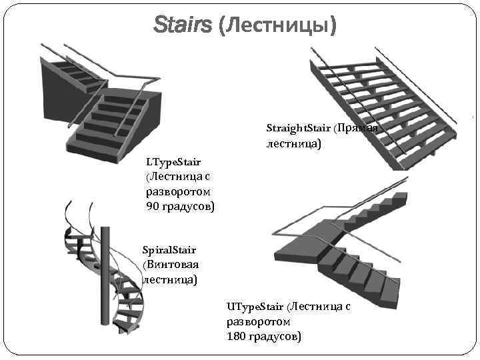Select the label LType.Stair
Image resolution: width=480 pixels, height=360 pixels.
(x=173, y=161)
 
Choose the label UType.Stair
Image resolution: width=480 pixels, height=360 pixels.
(x=255, y=306)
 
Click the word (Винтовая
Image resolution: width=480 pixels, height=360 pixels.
(x=171, y=265)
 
